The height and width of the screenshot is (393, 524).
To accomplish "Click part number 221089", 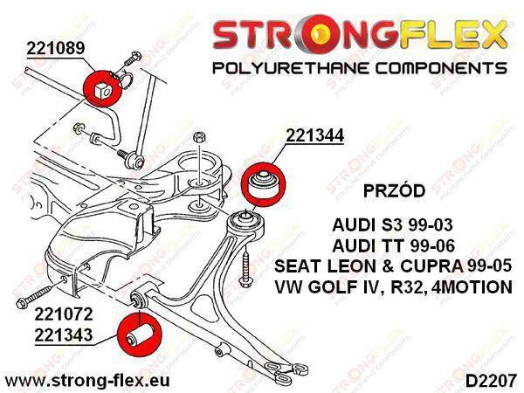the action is point(56,48).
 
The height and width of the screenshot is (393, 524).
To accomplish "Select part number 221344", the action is point(314,135).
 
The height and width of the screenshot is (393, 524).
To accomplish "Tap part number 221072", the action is point(64,314).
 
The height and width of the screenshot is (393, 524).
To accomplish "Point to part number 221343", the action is point(64,335).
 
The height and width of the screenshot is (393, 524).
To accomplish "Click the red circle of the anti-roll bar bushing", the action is point(101,88).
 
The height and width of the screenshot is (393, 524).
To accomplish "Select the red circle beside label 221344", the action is point(263,184).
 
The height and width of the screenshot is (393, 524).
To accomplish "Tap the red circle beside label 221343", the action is point(140,334).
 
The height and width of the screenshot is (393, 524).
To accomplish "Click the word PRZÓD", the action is point(394,190).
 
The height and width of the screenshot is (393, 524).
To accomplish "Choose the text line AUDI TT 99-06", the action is point(393,246).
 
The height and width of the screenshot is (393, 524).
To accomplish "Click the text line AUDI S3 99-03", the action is point(392,225).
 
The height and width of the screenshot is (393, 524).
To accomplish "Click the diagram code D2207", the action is point(491,381).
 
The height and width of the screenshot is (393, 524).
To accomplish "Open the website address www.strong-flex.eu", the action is point(87,380).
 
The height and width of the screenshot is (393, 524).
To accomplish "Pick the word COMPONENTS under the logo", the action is point(441,68).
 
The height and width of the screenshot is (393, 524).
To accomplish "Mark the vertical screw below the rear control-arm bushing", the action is point(246,265).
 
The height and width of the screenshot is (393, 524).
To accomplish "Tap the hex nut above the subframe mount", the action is point(199,137).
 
